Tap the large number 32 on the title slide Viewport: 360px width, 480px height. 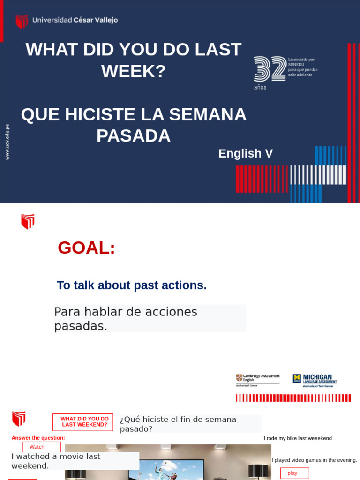click(x=270, y=69)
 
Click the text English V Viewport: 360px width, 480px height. click(x=245, y=153)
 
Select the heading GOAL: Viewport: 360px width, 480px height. click(x=86, y=247)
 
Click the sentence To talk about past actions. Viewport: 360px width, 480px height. click(x=132, y=285)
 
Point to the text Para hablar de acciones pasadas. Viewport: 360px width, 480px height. click(x=126, y=319)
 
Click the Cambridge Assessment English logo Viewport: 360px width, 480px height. click(x=257, y=380)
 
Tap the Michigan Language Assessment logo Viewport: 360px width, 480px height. click(x=315, y=380)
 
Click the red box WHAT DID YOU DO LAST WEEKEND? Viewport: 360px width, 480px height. click(x=83, y=422)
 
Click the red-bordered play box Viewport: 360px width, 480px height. click(x=294, y=473)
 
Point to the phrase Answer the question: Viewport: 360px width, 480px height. click(x=38, y=438)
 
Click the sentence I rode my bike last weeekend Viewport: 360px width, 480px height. click(x=298, y=438)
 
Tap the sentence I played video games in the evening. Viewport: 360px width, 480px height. click(x=314, y=460)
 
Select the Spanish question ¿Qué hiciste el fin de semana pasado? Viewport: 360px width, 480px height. click(x=178, y=424)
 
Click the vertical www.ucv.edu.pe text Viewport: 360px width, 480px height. click(x=7, y=142)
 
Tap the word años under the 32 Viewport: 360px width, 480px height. click(x=260, y=87)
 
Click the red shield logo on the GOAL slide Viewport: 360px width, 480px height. click(x=28, y=221)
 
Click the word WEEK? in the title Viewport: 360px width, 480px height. click(x=134, y=71)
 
